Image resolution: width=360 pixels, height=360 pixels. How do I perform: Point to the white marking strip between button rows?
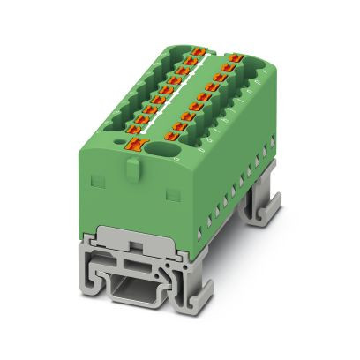192,94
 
